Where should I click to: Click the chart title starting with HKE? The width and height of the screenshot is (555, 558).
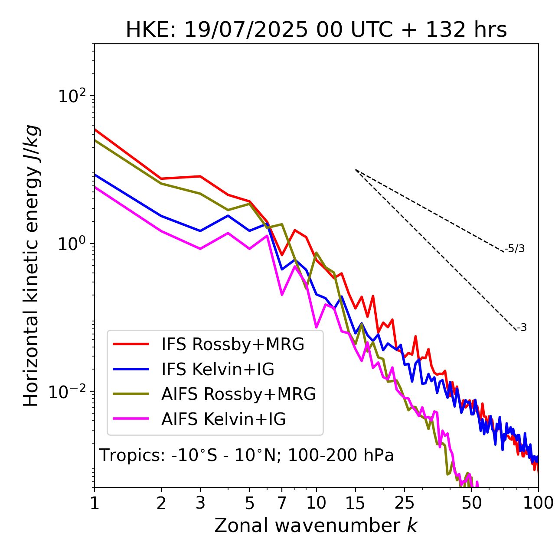click(316, 30)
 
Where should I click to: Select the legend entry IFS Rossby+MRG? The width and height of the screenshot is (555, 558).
click(232, 344)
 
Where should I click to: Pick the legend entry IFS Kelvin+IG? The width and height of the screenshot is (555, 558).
click(218, 369)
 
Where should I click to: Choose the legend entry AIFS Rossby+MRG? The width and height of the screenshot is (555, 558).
click(238, 394)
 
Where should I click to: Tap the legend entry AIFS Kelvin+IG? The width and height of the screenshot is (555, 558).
click(223, 419)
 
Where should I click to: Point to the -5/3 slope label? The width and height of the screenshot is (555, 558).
click(515, 249)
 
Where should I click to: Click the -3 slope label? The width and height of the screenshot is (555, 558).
click(522, 328)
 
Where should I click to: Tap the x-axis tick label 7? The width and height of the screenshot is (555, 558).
click(282, 503)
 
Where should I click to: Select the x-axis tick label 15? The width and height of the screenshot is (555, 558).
click(355, 503)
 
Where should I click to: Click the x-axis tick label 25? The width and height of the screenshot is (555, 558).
click(405, 503)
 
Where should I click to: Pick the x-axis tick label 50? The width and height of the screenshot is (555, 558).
click(471, 503)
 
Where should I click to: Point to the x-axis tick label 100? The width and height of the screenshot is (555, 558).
click(538, 503)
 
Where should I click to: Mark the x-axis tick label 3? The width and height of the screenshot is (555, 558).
click(200, 503)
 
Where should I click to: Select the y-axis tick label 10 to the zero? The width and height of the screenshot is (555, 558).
click(71, 243)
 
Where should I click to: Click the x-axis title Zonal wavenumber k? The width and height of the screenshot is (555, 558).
click(316, 525)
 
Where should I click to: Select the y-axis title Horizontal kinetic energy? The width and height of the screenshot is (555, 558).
click(31, 266)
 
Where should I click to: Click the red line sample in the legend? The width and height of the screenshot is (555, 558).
click(131, 344)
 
